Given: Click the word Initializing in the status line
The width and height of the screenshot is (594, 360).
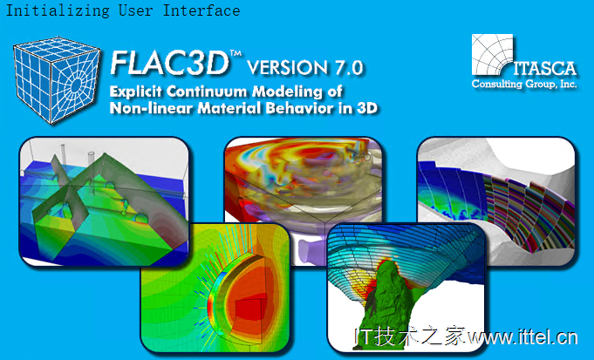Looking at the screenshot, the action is pyautogui.click(x=58, y=10).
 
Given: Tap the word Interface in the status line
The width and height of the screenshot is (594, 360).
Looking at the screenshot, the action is pyautogui.click(x=201, y=10).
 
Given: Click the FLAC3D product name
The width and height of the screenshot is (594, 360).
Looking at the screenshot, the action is pyautogui.click(x=169, y=63).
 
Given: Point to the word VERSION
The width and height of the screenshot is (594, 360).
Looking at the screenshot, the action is pyautogui.click(x=288, y=67).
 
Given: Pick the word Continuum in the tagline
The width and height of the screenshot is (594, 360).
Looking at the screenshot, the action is pyautogui.click(x=207, y=92).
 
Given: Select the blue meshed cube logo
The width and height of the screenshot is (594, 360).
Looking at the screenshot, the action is pyautogui.click(x=57, y=80).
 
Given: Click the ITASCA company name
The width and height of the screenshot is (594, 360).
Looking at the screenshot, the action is pyautogui.click(x=545, y=69).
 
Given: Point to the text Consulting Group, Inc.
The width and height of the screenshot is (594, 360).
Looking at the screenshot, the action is pyautogui.click(x=524, y=84).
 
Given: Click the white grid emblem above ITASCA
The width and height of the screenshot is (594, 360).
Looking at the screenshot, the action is pyautogui.click(x=492, y=54).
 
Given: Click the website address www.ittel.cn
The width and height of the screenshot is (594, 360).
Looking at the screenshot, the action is pyautogui.click(x=522, y=336).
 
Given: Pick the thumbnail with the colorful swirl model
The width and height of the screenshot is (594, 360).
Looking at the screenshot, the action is pyautogui.click(x=303, y=200).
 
